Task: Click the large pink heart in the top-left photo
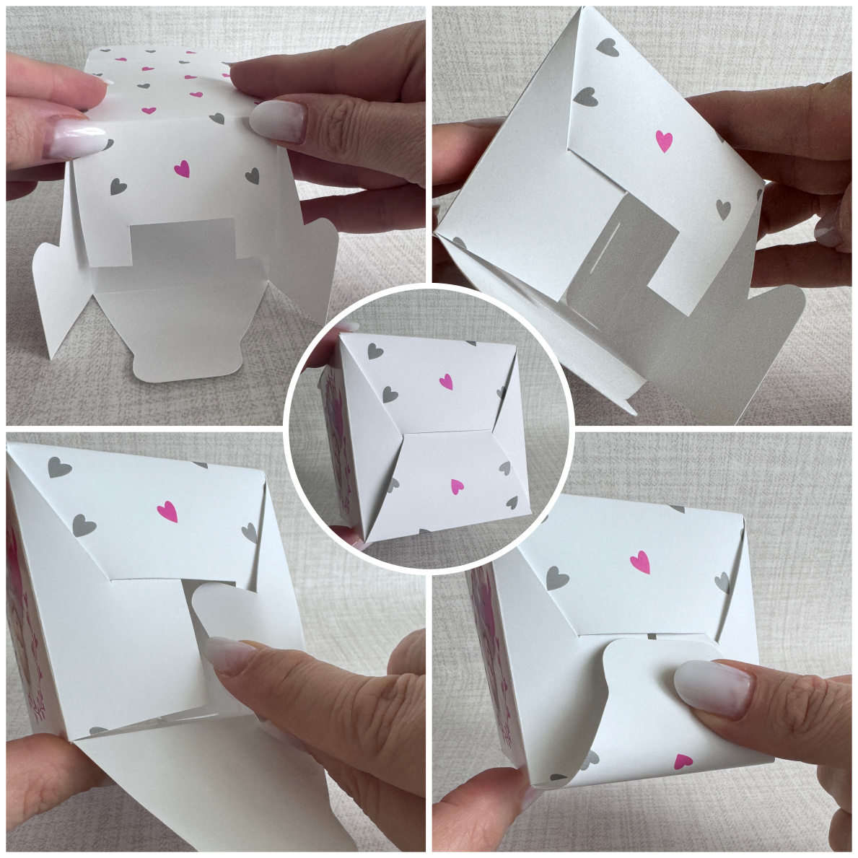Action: (182, 170)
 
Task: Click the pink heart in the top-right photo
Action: (664, 141)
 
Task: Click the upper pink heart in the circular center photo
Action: (447, 382)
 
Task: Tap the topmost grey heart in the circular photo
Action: (375, 351)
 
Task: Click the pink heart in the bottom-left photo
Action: (167, 512)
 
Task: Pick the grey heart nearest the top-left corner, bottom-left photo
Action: (59, 467)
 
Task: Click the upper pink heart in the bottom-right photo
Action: (639, 561)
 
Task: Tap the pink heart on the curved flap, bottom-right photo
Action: (683, 761)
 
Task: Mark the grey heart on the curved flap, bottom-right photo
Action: (590, 759)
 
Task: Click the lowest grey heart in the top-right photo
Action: (723, 209)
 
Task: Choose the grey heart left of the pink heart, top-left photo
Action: (118, 187)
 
